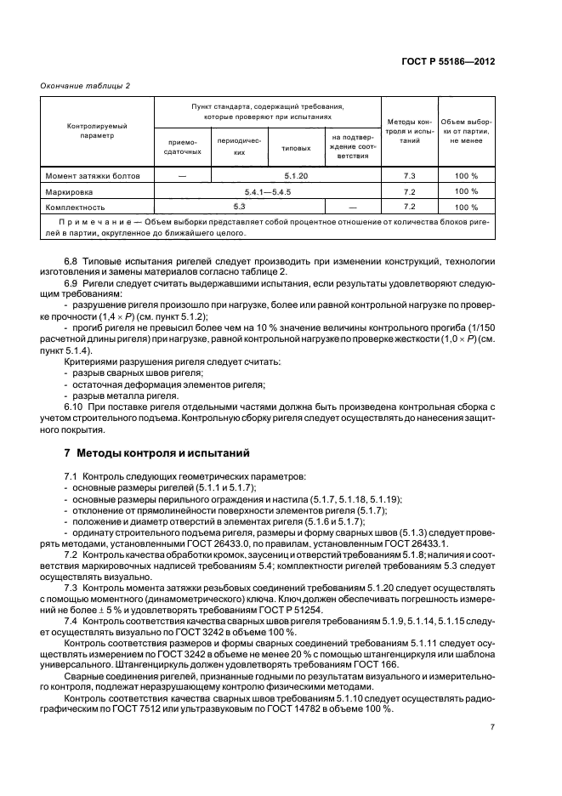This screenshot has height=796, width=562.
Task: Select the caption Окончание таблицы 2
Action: (x=85, y=85)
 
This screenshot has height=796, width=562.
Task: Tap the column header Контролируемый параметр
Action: (x=98, y=130)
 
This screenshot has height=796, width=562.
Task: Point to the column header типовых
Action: (x=295, y=147)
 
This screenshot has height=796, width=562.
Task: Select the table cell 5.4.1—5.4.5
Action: (x=267, y=192)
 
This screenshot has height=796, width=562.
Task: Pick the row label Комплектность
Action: (x=75, y=207)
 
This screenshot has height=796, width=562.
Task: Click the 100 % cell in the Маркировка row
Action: (x=467, y=192)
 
